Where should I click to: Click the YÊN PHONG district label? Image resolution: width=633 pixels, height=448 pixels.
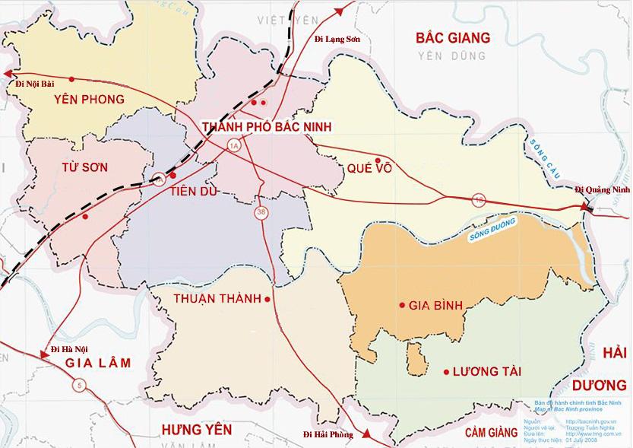pos(89,99)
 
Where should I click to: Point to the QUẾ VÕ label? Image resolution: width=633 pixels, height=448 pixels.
pos(372,169)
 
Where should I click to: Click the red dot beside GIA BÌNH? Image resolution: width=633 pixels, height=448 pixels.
pos(401,306)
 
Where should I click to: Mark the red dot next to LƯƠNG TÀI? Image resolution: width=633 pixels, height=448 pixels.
pos(445,372)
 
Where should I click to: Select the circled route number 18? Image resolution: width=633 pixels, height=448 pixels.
pos(479,199)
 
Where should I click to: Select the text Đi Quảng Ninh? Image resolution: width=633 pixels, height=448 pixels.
pos(602,189)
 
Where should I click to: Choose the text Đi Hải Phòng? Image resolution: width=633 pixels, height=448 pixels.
pos(329,434)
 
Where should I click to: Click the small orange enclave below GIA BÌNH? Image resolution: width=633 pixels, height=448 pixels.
pos(415,354)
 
